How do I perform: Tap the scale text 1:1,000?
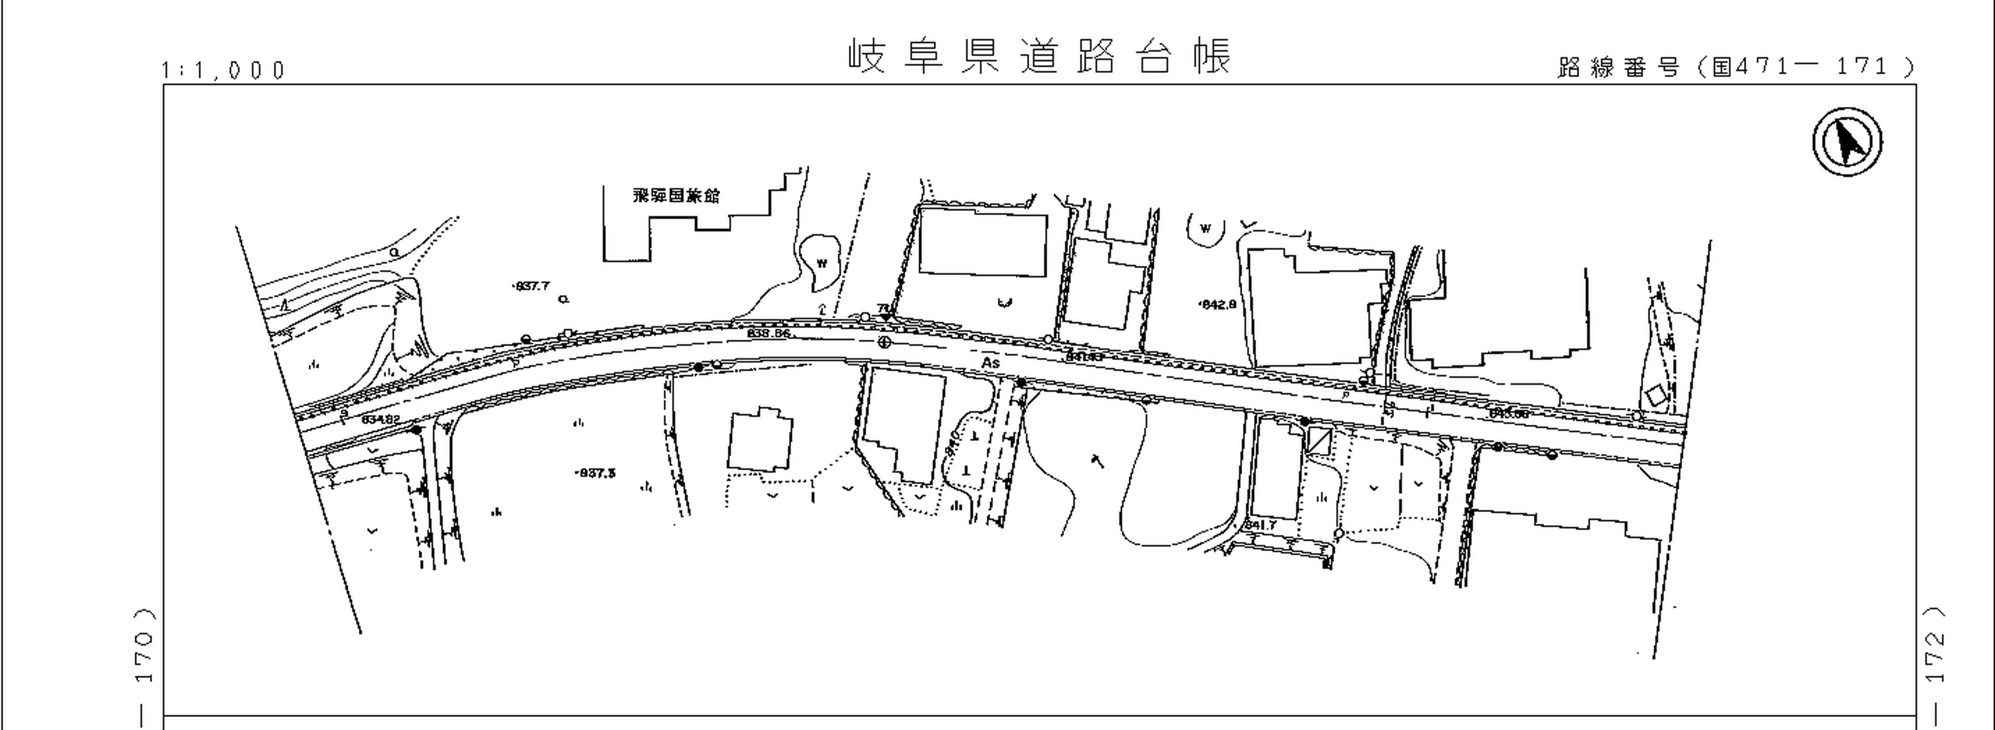pos(223,71)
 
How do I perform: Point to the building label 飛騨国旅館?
pos(675,196)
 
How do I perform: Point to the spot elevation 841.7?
pos(1260,525)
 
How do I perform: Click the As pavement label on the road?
pos(990,363)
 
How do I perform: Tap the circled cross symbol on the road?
pos(883,343)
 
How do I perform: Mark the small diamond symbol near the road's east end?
pos(1656,396)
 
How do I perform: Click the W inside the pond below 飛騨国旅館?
pos(822,263)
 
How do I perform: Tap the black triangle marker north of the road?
pos(886,316)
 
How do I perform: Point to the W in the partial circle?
pos(1205,228)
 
